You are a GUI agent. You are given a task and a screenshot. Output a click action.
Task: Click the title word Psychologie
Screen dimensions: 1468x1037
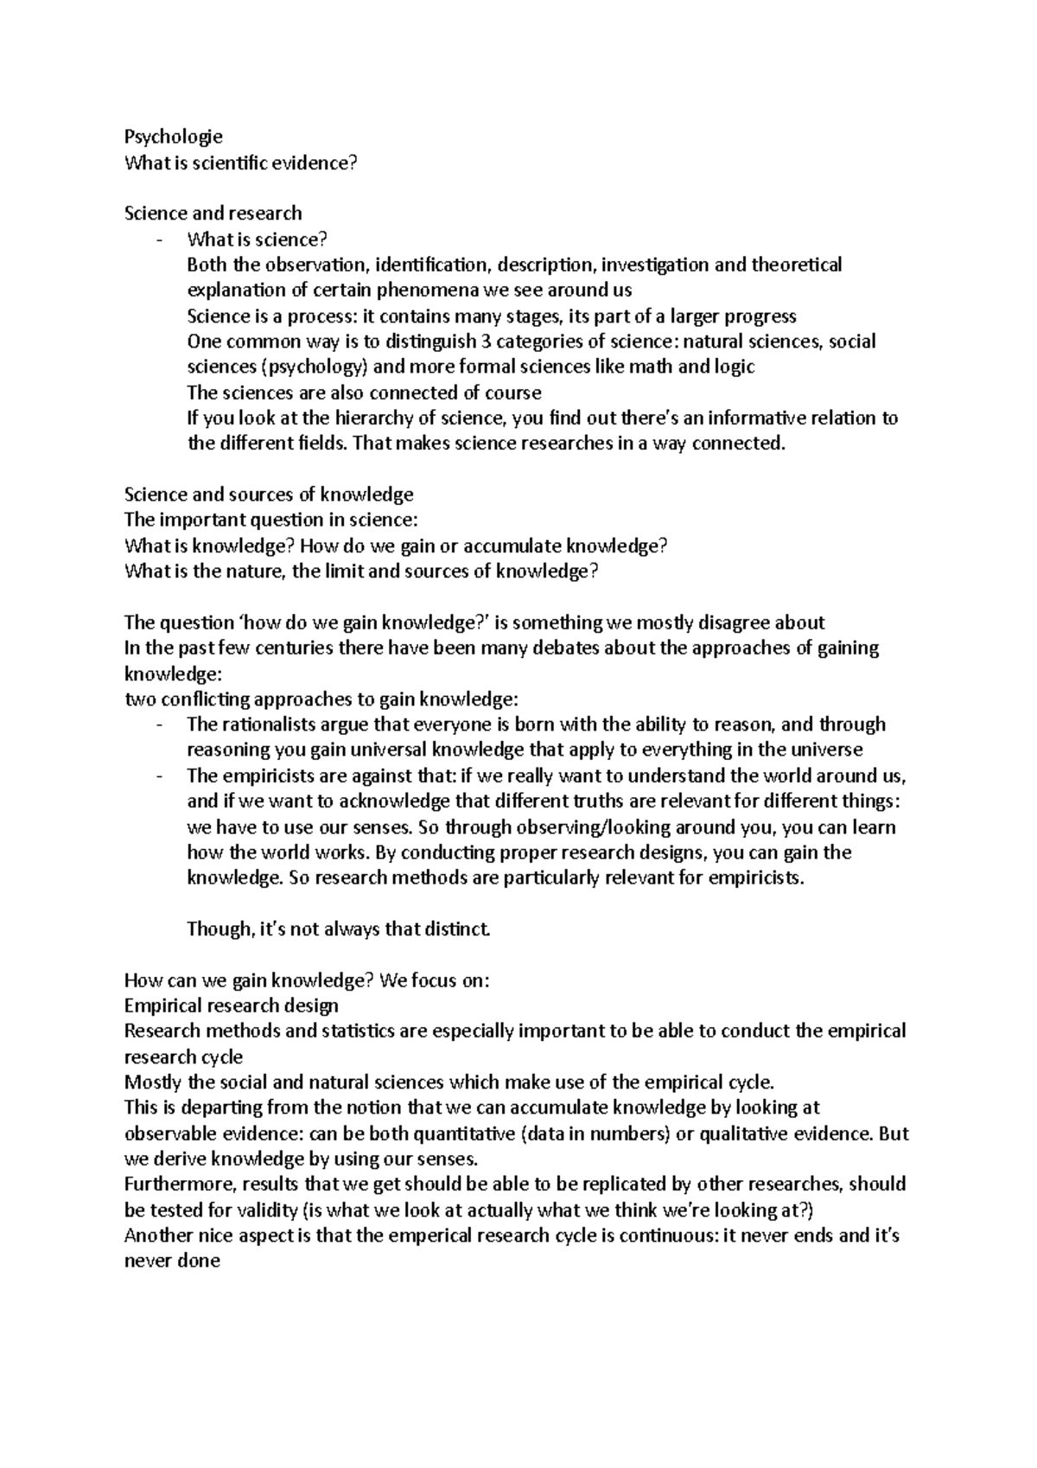174,136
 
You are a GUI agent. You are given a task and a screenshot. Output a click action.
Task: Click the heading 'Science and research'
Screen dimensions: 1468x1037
213,213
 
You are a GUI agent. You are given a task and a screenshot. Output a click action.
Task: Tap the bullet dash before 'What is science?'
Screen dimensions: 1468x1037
160,239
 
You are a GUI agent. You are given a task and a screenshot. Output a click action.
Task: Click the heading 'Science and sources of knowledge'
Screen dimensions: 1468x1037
269,495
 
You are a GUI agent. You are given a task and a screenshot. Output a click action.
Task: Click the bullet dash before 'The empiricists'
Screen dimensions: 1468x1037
160,776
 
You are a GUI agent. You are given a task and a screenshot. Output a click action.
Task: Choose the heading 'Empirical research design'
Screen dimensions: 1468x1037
231,1005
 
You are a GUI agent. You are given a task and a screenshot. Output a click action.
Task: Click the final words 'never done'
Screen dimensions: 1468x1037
172,1261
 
